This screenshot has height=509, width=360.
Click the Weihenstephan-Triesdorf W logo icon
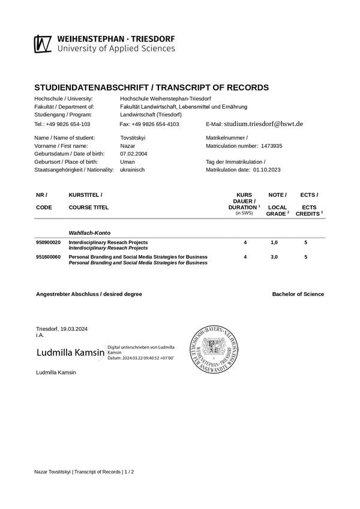[43, 44]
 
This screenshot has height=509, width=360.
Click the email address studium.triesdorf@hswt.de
[263, 124]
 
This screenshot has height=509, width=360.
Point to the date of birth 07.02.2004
[134, 154]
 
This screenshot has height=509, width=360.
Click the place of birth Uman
[127, 162]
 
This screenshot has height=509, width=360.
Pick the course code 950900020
[49, 242]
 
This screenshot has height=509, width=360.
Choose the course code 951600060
[49, 257]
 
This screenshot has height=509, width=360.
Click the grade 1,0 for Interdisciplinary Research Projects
[274, 242]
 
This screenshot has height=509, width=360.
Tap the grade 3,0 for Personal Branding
[274, 257]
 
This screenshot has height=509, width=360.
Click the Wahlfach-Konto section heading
[89, 232]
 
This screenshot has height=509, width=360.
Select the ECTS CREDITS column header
[309, 210]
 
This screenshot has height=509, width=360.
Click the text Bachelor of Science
[298, 294]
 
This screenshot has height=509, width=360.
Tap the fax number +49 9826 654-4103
[149, 124]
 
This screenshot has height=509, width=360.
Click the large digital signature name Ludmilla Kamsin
[71, 353]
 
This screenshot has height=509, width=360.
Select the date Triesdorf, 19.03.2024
[62, 329]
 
